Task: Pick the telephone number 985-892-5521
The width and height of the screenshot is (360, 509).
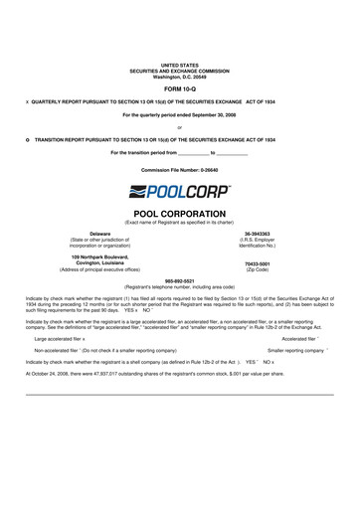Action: pyautogui.click(x=179, y=281)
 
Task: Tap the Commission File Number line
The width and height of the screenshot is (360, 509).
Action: pyautogui.click(x=179, y=170)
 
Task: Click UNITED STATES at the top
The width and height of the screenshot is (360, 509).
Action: pyautogui.click(x=180, y=63)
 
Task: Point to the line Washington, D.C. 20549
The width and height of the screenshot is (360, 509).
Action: pyautogui.click(x=180, y=75)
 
